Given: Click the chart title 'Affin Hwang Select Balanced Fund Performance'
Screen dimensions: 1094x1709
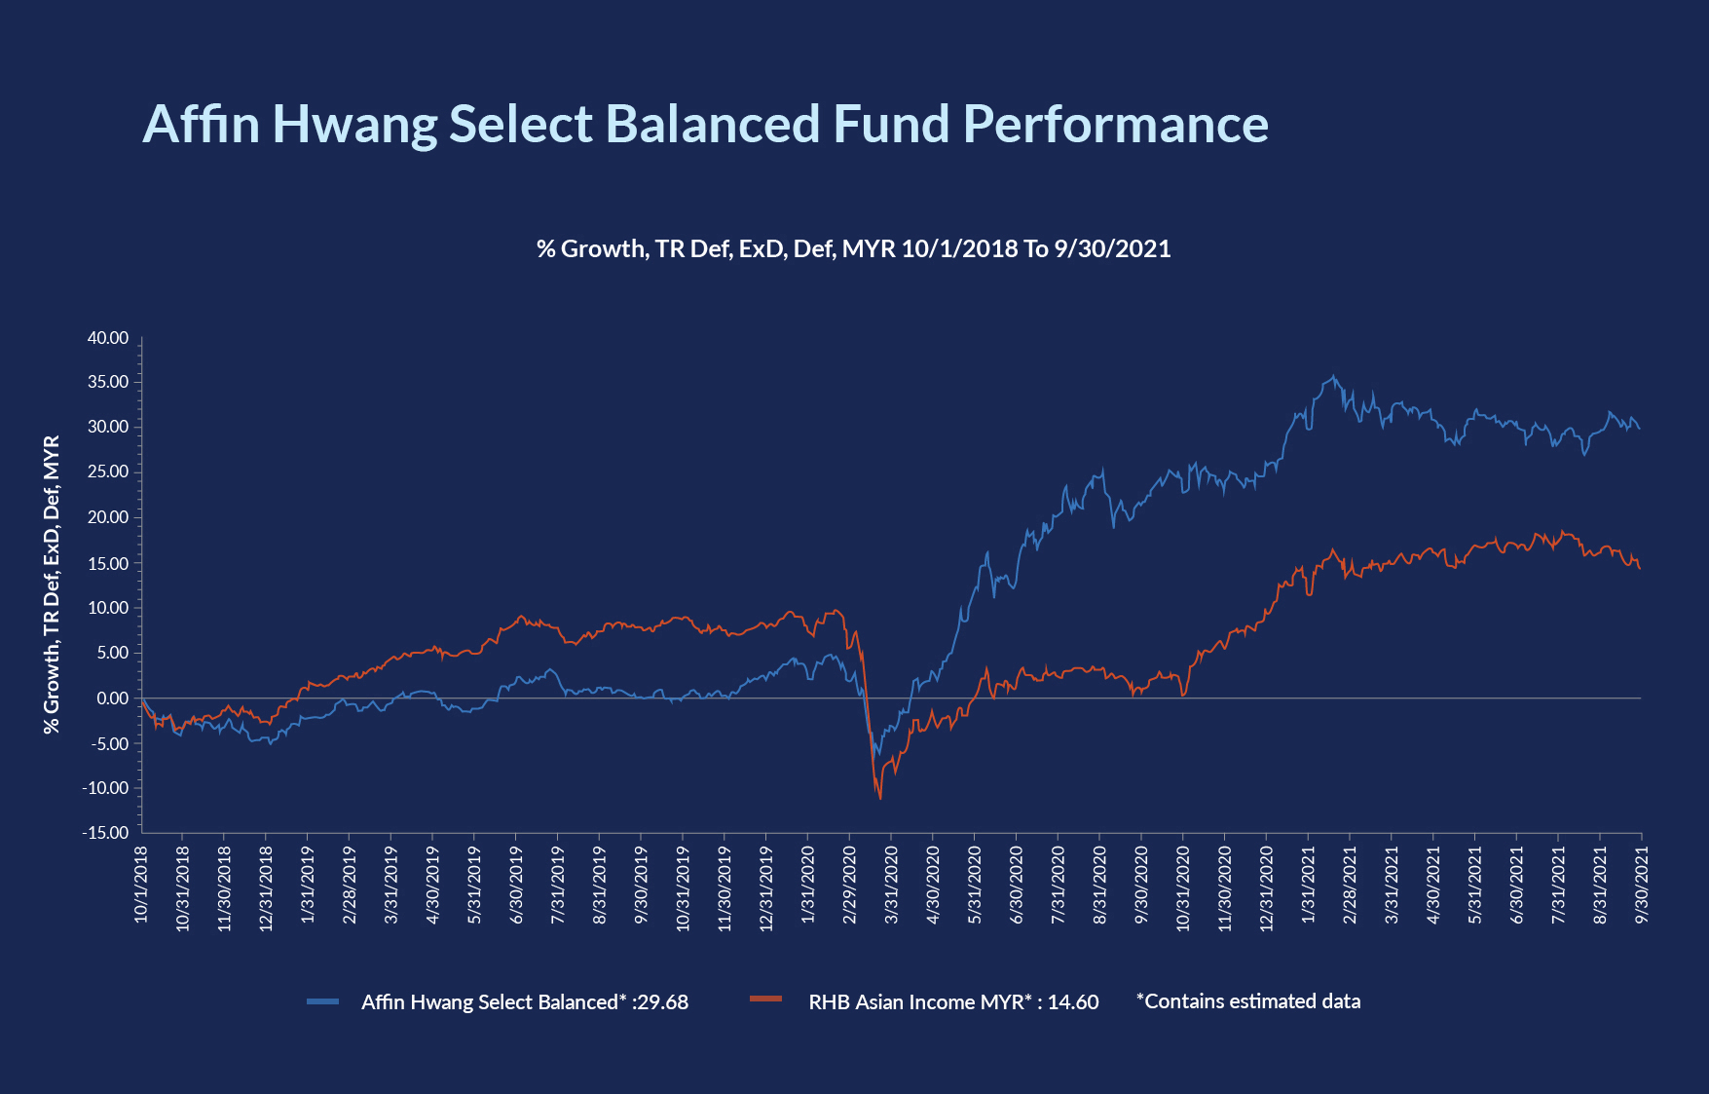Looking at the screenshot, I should point(705,125).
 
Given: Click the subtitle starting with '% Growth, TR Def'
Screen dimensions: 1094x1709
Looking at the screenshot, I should point(853,249).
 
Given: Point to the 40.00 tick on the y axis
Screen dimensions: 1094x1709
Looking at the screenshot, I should point(108,338).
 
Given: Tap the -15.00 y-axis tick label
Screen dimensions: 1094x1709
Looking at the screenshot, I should point(105,833).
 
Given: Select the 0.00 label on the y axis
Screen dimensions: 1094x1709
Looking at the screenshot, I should point(112,698).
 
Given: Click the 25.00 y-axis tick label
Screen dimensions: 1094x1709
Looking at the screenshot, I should point(108,472).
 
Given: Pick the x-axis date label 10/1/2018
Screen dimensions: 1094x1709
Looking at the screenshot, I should point(141,885).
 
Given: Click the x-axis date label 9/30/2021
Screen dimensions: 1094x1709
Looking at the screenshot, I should point(1642,885).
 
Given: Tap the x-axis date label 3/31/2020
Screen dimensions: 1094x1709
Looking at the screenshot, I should point(891,885).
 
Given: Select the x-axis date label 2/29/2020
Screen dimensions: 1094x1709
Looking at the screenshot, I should point(849,885).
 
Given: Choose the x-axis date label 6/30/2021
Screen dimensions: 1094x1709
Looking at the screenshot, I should point(1516,885).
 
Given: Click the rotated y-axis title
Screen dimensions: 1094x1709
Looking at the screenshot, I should point(52,585).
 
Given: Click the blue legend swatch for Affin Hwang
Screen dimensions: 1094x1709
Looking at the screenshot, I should point(322,1001).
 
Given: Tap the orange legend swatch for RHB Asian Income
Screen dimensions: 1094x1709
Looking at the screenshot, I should point(766,1000).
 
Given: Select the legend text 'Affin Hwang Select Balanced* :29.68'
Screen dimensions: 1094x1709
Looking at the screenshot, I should point(525,1002).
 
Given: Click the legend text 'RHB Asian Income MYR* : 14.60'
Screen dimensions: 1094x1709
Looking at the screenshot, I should point(953,1002).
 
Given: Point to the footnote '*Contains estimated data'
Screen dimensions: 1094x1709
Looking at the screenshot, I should point(1248,1001).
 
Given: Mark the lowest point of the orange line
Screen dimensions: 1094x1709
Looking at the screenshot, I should point(880,799).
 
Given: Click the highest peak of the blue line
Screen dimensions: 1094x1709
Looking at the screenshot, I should point(1334,377).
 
